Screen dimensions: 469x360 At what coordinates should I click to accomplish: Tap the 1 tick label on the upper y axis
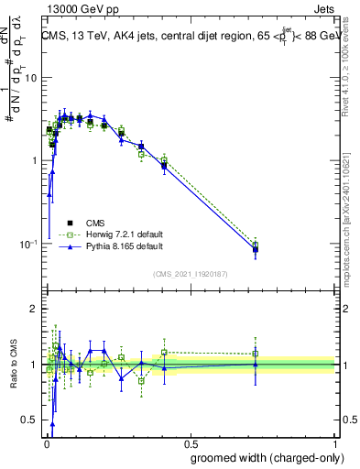click(33, 161)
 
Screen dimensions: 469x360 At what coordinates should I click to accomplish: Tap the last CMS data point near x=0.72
click(256, 249)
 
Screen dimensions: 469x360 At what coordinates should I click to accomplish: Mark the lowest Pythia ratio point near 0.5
click(52, 424)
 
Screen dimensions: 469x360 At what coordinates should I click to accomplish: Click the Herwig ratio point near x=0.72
click(256, 354)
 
